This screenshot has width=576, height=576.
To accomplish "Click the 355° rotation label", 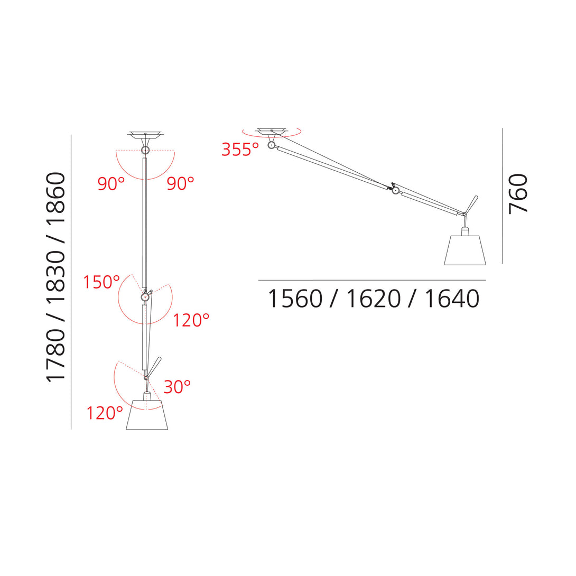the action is tap(240, 150).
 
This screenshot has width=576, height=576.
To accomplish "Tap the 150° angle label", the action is tap(101, 282).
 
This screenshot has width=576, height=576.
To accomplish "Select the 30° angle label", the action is tap(177, 387).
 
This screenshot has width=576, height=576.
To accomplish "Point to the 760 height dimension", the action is tap(518, 194).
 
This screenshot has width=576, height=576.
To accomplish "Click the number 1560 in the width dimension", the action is tap(295, 298).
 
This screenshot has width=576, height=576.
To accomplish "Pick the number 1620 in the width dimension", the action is tap(373, 298).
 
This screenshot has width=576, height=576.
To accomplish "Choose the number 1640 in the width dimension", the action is tap(452, 298).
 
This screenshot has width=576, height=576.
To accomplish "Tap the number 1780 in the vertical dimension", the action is tap(55, 355).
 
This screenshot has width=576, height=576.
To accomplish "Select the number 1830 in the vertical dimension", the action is tap(55, 277).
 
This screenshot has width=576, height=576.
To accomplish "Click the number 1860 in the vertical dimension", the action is tap(55, 199).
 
